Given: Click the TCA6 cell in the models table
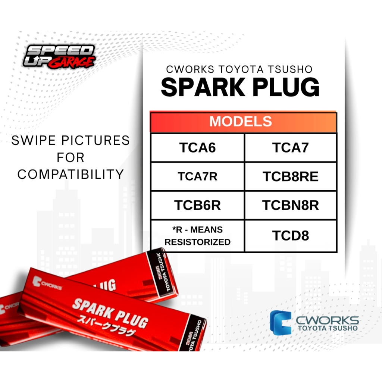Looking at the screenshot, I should click(197, 148).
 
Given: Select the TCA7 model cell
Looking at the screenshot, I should click(290, 148).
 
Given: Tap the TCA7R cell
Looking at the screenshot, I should click(197, 176).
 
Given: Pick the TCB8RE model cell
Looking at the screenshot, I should click(290, 176).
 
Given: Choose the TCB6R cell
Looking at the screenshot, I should click(197, 205).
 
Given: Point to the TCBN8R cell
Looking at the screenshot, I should click(290, 205).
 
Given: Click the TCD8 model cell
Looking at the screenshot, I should click(290, 236).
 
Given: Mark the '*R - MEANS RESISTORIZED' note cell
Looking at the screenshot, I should click(197, 236).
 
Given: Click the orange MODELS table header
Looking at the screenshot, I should click(243, 122).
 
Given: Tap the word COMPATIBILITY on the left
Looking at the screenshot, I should click(71, 174).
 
